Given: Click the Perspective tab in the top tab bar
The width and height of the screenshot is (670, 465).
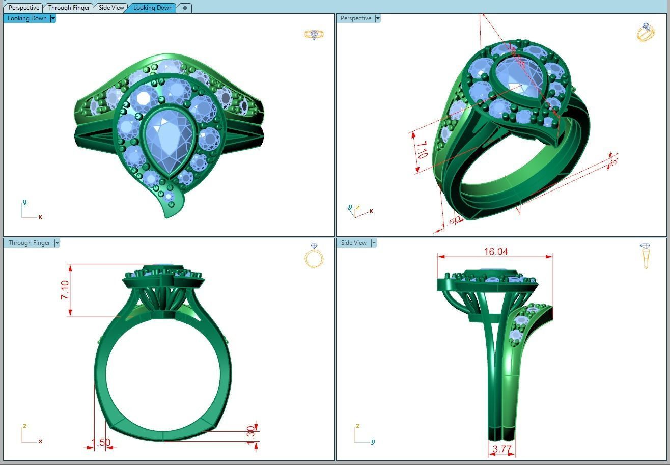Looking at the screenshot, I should coord(23,8).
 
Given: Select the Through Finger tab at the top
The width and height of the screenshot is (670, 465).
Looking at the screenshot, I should coord(69,8).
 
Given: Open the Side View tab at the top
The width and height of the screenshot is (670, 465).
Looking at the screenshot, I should coord(111,8).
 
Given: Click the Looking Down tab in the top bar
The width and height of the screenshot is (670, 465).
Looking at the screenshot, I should coord(153,8).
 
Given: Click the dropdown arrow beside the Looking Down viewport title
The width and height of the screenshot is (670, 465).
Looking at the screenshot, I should coord(53,18).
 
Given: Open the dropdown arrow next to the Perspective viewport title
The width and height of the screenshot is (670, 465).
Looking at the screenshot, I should coord(377,18).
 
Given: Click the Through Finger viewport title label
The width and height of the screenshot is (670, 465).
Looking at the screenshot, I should coord(29,243).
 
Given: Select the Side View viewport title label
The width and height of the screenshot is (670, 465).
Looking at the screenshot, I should coord(353,243).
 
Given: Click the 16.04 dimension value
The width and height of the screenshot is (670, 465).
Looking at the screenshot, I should coord(495,252).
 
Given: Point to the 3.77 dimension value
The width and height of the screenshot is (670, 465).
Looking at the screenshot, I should coord(502,449).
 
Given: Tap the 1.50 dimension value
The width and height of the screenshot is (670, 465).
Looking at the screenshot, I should coord(101,443).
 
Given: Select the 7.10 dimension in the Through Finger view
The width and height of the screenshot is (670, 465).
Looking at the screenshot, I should coord(65,290).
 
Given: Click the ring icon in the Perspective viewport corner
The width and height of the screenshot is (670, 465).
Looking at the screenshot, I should coord(645,32).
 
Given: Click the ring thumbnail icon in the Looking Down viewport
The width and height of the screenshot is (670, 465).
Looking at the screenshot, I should coord(314,35).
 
